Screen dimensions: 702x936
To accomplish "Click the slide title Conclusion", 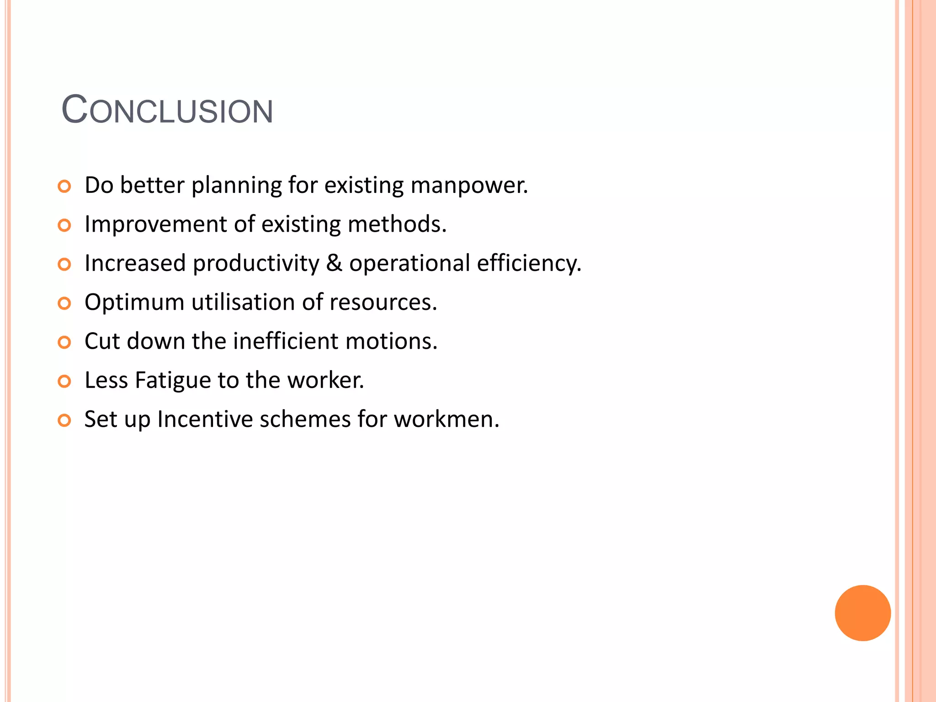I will point(167,110).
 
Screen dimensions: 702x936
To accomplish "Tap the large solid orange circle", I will point(862,613).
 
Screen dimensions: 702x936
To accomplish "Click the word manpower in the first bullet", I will point(469,186).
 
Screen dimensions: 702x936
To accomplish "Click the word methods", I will point(397,224).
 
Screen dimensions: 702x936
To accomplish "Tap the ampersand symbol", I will point(334,263).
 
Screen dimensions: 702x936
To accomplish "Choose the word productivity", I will point(256,264).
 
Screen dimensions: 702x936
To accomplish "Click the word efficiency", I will point(529,264).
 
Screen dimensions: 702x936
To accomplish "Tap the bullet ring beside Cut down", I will point(64,342).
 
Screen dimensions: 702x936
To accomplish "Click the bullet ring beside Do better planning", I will point(64,186).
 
